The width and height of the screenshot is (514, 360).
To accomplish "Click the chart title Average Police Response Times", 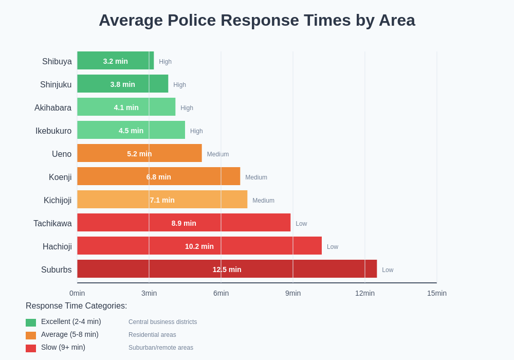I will click(256, 20).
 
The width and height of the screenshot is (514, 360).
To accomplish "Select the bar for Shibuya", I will click(115, 61).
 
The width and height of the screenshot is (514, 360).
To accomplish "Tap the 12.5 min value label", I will click(227, 269).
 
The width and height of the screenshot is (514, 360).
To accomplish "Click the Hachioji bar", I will click(199, 246).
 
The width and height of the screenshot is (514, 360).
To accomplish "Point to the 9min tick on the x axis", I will click(293, 293).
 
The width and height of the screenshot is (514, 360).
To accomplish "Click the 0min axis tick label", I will click(77, 293).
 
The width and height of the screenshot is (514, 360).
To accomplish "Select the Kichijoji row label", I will click(58, 200).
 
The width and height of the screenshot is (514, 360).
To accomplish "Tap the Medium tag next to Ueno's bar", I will click(218, 154).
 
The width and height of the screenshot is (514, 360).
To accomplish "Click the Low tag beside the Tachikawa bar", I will click(301, 224).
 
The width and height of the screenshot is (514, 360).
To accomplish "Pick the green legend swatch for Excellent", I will click(31, 322).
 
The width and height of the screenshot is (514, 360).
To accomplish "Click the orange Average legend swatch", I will click(31, 335).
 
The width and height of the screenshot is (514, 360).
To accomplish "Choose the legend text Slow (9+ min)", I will click(63, 347).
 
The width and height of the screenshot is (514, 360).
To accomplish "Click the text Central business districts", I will click(162, 322).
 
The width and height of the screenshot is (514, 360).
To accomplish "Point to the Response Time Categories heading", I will click(76, 306).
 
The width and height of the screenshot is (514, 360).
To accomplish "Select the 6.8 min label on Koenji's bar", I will click(158, 177).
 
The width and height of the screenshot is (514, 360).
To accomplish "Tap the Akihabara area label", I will click(53, 107).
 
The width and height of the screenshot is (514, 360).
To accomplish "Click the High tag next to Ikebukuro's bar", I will click(196, 131).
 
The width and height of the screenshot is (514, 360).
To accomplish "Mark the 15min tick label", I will click(436, 293).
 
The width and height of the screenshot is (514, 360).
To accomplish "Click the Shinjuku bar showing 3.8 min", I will click(122, 84).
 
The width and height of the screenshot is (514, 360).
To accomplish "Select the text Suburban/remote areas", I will click(161, 348).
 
